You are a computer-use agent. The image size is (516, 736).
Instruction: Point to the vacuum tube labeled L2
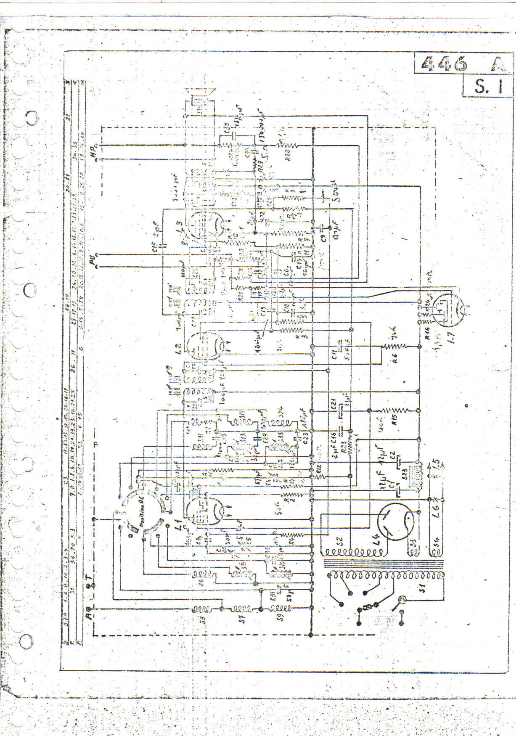(x=206, y=345)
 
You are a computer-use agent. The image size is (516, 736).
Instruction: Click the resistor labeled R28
(x=286, y=146)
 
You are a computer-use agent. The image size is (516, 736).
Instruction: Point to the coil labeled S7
(x=242, y=609)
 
